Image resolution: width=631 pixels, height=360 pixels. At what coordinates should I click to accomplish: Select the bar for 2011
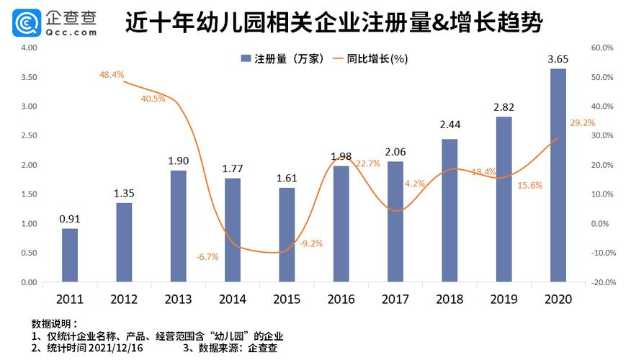(x=70, y=255)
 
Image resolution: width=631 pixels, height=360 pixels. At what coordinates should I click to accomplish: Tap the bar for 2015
(x=287, y=235)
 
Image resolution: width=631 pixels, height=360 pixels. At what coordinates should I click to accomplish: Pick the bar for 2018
(x=449, y=210)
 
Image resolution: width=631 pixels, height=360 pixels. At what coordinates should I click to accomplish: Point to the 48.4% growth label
(x=112, y=74)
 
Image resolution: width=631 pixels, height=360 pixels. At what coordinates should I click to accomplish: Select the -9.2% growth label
(x=310, y=243)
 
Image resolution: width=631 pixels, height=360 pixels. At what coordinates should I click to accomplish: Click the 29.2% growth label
(x=582, y=123)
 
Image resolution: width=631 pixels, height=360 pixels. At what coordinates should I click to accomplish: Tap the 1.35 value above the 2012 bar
(x=124, y=193)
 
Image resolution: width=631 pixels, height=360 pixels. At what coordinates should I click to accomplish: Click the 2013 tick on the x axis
(x=178, y=299)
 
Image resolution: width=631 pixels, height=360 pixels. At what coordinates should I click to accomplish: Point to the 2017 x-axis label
(x=395, y=299)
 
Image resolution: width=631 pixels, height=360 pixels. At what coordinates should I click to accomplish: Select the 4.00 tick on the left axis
(x=29, y=48)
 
